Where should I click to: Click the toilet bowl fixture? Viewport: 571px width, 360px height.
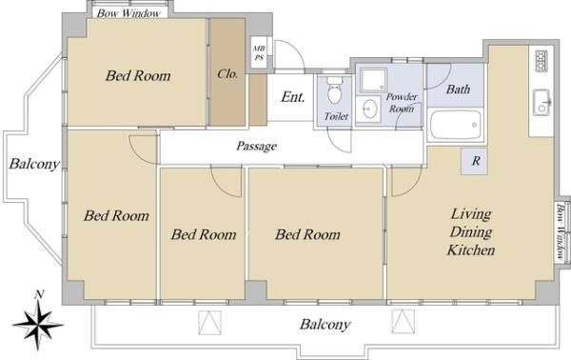click(x=334, y=91)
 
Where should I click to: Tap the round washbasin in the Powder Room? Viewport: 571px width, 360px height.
click(x=369, y=110)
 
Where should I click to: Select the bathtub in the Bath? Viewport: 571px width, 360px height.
click(x=456, y=125)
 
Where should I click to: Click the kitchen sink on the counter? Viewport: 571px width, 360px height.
click(x=541, y=103)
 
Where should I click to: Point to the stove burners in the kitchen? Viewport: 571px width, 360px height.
click(x=541, y=61)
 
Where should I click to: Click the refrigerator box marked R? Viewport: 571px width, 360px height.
click(x=474, y=161)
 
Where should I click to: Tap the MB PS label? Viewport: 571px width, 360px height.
click(x=259, y=52)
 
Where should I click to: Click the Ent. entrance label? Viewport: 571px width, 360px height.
click(x=293, y=97)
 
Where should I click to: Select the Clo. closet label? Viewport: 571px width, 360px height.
click(x=227, y=74)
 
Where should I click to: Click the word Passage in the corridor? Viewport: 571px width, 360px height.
click(x=257, y=146)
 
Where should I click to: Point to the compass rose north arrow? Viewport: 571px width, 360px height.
click(x=38, y=324)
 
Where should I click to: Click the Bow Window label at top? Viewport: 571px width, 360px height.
click(x=128, y=13)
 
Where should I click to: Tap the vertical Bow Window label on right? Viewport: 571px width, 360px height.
click(x=561, y=232)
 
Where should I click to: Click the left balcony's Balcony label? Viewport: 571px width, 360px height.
click(x=34, y=164)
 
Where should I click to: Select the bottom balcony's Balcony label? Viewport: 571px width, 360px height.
click(x=325, y=324)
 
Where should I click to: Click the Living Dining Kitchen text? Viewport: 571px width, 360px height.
click(x=471, y=231)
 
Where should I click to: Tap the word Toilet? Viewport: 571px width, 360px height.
click(x=336, y=116)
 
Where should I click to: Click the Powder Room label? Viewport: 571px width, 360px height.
click(x=402, y=103)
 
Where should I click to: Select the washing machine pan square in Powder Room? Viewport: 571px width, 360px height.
click(x=373, y=81)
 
